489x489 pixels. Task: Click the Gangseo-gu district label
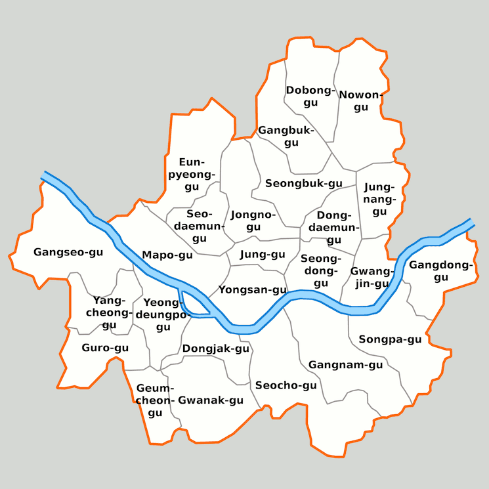69,252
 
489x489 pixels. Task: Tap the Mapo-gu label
167,255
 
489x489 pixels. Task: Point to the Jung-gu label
263,254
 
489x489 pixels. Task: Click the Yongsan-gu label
253,289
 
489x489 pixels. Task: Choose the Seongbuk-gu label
304,184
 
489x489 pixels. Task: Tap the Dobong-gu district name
310,96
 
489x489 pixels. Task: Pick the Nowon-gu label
360,100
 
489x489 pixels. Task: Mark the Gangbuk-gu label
286,137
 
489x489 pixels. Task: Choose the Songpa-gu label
390,339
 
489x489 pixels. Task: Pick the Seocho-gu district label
286,385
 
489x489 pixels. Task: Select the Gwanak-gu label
211,400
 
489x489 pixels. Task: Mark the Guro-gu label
105,347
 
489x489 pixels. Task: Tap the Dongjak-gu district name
216,349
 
